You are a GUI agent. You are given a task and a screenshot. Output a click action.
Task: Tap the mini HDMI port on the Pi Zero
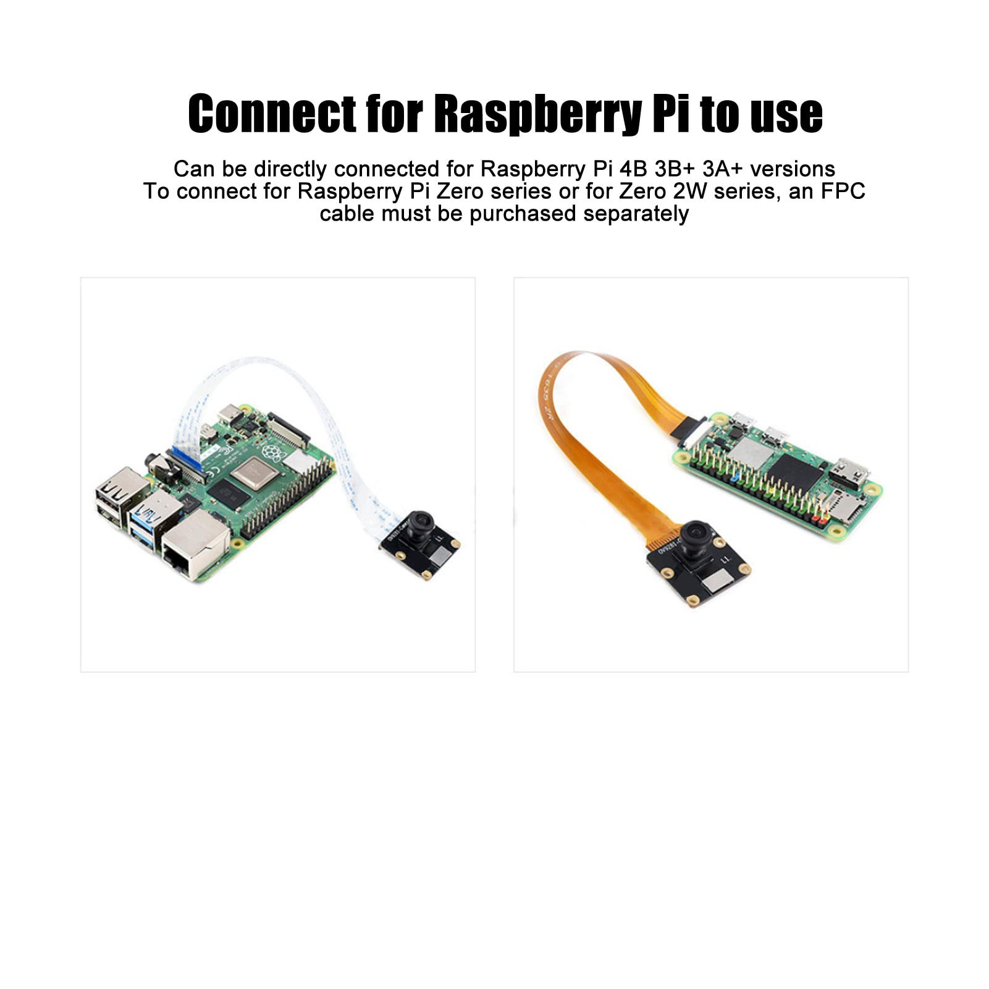[849, 472]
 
